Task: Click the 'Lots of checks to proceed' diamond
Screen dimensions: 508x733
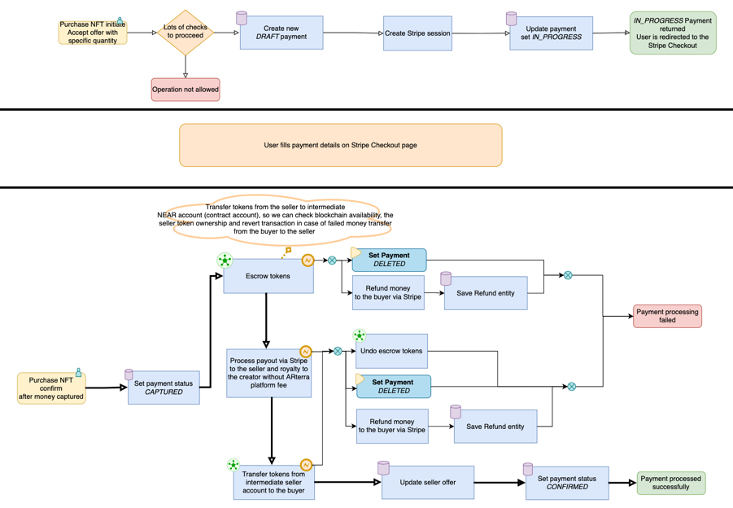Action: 185,33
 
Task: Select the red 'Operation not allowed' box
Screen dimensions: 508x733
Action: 185,90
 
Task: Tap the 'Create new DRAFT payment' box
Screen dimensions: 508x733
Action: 281,33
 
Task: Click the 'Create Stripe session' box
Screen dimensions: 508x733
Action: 417,33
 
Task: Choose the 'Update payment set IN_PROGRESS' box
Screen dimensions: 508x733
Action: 552,34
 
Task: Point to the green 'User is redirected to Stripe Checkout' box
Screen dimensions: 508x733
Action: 673,33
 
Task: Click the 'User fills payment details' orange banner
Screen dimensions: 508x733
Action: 340,145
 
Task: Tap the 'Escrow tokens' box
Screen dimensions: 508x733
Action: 268,276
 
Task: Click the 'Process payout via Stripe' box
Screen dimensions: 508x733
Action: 268,373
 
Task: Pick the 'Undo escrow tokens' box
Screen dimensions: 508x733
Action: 391,351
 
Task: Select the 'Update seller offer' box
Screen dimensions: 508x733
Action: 427,483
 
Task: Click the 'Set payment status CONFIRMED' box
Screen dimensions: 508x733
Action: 567,483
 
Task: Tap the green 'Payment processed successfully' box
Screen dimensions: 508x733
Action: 670,483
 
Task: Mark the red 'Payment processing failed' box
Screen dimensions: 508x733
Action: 667,316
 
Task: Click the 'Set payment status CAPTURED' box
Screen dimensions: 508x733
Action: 164,388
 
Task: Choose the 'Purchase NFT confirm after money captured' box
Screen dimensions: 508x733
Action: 51,388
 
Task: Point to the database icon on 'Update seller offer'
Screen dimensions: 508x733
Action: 383,467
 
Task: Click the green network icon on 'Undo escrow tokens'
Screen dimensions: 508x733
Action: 359,335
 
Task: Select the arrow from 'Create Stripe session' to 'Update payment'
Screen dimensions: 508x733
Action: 480,33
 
